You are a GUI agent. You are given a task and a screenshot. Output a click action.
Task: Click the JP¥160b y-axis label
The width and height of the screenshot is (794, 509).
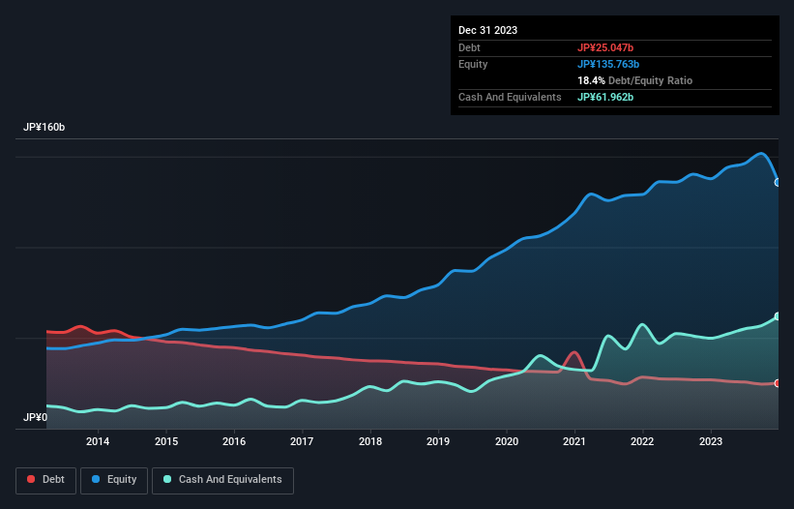(44, 128)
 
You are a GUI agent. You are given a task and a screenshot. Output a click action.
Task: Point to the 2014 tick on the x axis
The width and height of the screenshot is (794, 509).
(98, 442)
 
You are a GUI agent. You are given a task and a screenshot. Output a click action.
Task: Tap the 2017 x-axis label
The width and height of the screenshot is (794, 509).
(302, 442)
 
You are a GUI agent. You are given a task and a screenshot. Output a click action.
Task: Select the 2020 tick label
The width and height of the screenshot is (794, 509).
(507, 442)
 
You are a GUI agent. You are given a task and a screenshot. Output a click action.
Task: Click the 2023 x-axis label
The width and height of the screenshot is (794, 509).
(711, 442)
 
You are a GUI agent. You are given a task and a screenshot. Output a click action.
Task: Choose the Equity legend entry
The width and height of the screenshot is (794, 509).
(114, 479)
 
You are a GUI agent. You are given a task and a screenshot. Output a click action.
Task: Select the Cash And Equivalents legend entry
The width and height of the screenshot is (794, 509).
(222, 479)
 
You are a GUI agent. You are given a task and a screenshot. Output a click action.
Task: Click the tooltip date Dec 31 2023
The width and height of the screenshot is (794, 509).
(487, 30)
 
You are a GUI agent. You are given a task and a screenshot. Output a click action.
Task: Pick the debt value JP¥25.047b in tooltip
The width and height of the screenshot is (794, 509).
(606, 47)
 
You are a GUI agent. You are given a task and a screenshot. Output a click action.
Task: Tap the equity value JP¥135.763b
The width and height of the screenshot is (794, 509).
(609, 64)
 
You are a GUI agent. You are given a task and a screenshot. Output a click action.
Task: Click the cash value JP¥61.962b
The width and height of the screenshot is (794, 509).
(606, 97)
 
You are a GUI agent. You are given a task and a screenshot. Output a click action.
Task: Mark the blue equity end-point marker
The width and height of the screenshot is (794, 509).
(778, 182)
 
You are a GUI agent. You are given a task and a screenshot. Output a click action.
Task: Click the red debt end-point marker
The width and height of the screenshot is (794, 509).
(778, 383)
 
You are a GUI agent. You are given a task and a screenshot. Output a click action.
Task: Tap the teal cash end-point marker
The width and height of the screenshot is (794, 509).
(778, 316)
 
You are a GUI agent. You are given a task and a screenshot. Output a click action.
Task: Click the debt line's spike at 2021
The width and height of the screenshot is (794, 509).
(574, 352)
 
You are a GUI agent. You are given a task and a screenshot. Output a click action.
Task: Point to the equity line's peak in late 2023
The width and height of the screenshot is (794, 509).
(763, 153)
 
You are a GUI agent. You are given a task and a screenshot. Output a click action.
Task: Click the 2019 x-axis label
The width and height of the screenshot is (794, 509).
(438, 442)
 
